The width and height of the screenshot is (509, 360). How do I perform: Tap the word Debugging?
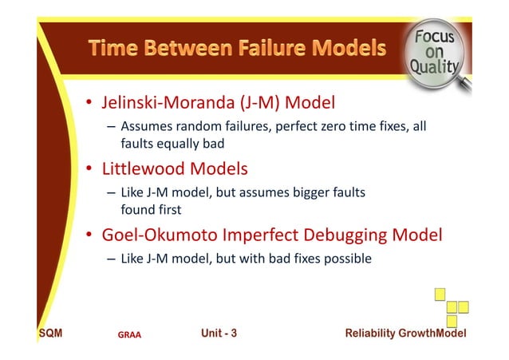[355, 236]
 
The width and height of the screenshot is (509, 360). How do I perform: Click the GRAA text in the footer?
[129, 334]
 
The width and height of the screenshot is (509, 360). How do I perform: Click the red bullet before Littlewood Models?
[90, 170]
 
